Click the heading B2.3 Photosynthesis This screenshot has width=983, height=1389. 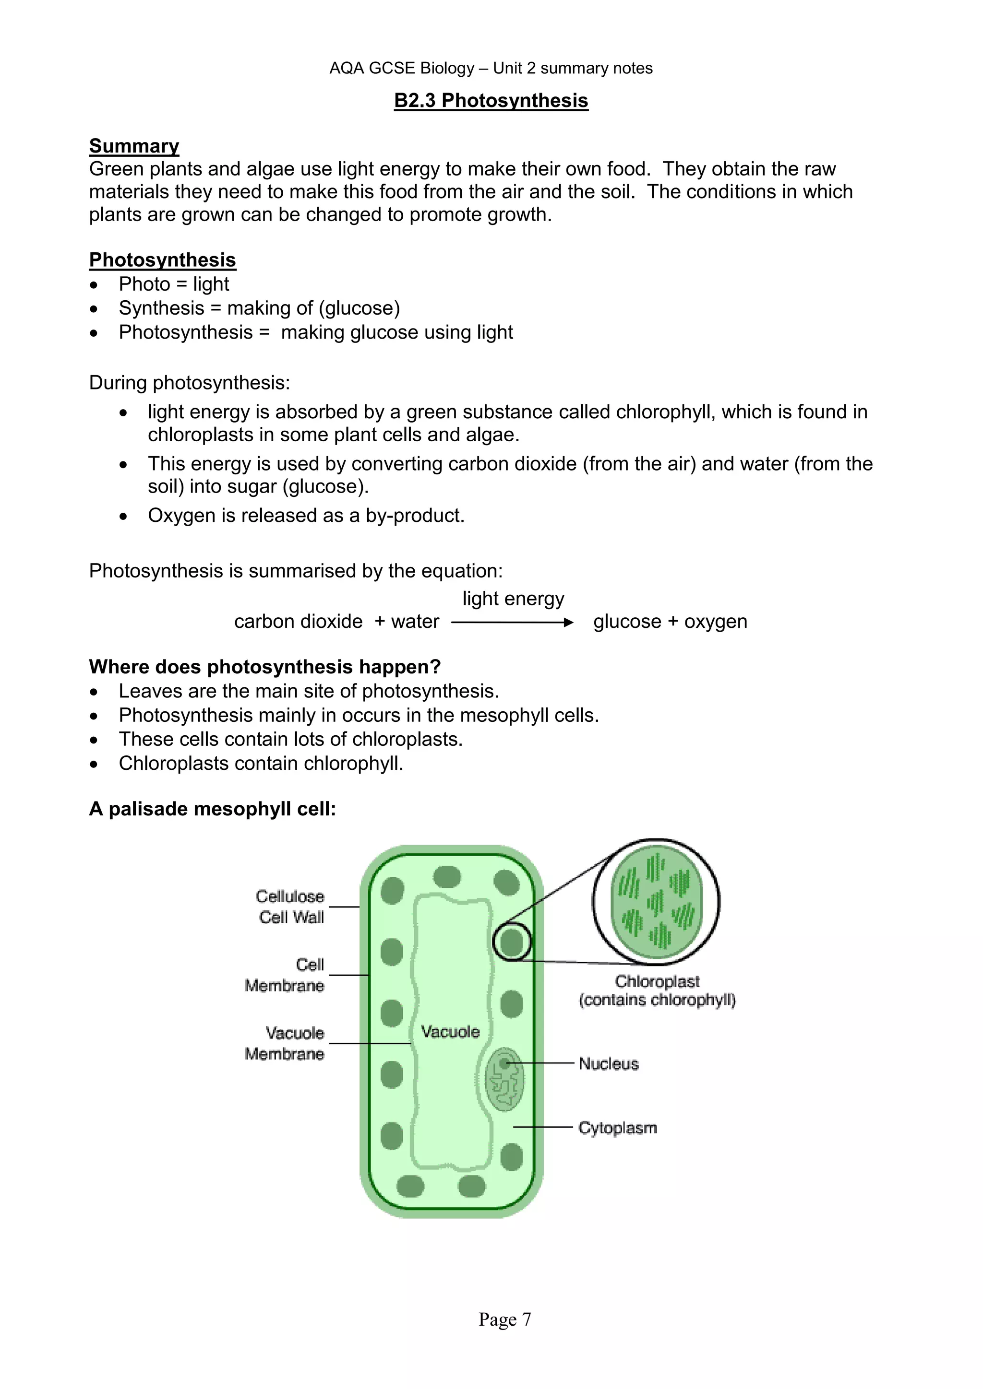pyautogui.click(x=491, y=100)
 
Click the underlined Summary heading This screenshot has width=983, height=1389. pyautogui.click(x=134, y=146)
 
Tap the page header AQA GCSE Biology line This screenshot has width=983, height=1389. pyautogui.click(x=491, y=69)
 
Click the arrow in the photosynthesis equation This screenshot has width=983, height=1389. pyautogui.click(x=512, y=623)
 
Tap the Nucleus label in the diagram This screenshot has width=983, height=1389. pyautogui.click(x=608, y=1063)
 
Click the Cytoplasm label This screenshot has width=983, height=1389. pyautogui.click(x=617, y=1128)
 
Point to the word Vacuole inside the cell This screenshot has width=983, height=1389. pyautogui.click(x=450, y=1032)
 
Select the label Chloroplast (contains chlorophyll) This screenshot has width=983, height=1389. pyautogui.click(x=657, y=990)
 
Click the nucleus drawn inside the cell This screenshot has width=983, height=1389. pyautogui.click(x=504, y=1080)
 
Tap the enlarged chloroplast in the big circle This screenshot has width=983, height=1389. pyautogui.click(x=657, y=901)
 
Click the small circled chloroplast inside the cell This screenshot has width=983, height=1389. pyautogui.click(x=512, y=942)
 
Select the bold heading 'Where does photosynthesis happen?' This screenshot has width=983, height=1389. pyautogui.click(x=264, y=667)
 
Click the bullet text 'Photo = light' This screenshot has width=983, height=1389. pyautogui.click(x=174, y=284)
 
